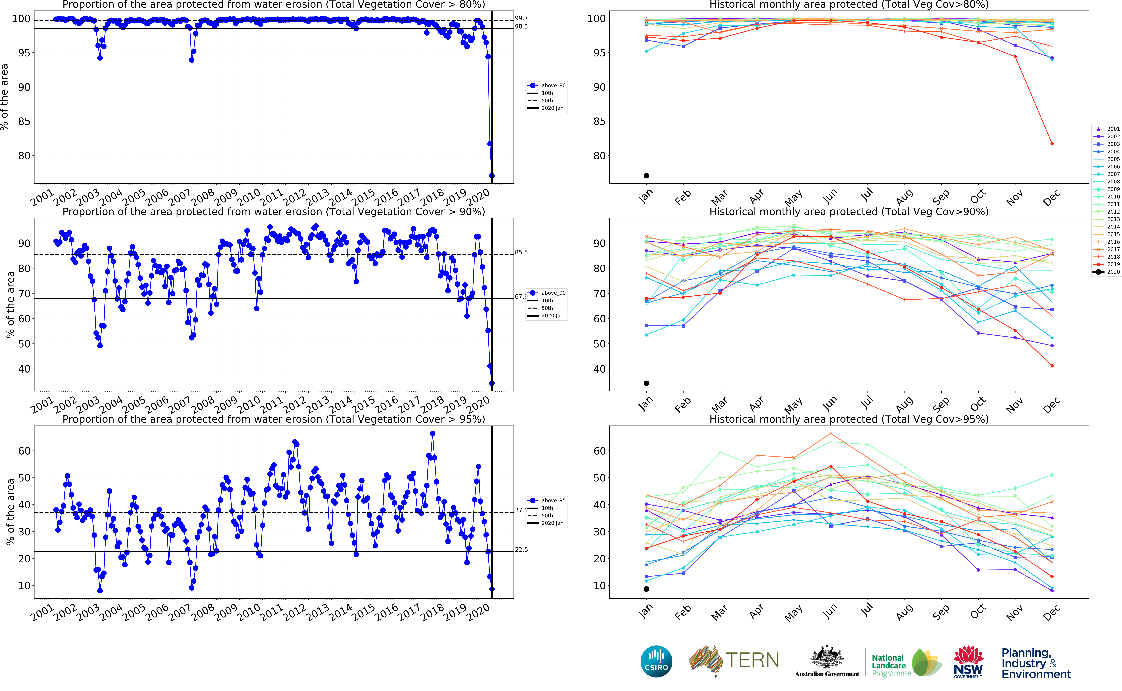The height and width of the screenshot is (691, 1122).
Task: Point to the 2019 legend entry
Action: (1106, 264)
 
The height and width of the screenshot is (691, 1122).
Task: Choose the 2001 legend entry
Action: (1106, 129)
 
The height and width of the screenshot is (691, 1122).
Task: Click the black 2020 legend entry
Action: (1106, 272)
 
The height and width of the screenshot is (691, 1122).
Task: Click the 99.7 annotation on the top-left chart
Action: (521, 18)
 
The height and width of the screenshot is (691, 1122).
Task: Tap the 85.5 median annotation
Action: (521, 252)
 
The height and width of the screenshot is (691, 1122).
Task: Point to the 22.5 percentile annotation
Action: (521, 549)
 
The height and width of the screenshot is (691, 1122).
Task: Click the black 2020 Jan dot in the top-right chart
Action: (647, 176)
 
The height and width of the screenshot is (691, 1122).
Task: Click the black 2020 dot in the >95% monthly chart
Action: (647, 589)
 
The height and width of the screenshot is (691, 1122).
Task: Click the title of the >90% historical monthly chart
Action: (849, 212)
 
